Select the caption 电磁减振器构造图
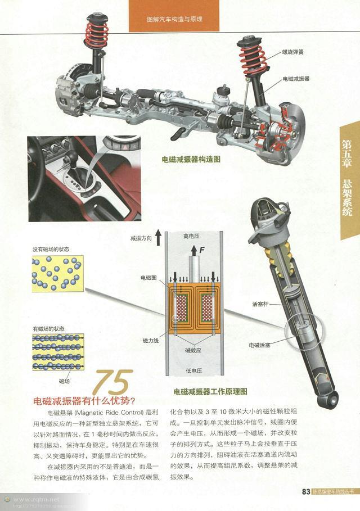click(191, 160)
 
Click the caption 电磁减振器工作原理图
click(210, 391)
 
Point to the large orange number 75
click(114, 384)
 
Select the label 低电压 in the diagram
click(193, 371)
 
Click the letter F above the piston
click(201, 248)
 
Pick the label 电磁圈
click(149, 278)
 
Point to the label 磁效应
click(193, 350)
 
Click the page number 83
click(307, 492)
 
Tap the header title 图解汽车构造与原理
click(174, 19)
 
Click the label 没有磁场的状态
click(51, 249)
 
